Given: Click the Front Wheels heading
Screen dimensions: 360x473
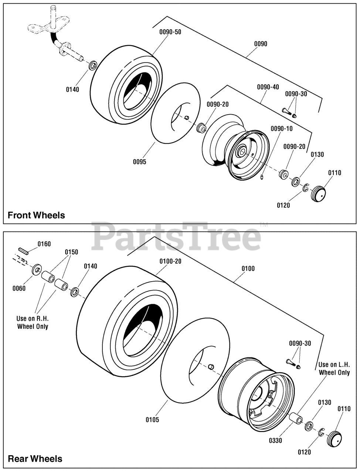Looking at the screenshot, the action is [36, 215].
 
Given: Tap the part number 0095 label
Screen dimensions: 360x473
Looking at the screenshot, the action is [139, 162].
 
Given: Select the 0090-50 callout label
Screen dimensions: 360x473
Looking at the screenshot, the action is [170, 32].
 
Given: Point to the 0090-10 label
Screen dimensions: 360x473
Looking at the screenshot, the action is [282, 129].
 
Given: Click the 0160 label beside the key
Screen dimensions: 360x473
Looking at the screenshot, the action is [44, 244].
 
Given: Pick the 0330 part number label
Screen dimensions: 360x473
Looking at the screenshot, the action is [275, 441].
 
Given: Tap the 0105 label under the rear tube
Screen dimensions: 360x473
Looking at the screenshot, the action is [152, 420].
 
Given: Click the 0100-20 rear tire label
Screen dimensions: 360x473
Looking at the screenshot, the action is [170, 261].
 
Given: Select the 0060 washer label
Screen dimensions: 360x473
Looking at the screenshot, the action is [19, 288].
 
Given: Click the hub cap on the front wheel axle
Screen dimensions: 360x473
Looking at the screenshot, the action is [318, 194].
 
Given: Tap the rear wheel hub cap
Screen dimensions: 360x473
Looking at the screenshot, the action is [334, 439].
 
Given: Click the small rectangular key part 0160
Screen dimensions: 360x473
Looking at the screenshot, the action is [23, 251].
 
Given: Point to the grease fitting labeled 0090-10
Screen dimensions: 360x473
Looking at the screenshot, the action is [262, 177].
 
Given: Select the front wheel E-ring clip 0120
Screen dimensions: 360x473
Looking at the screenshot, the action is [305, 187].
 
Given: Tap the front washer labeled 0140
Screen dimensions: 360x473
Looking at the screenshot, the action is [93, 65].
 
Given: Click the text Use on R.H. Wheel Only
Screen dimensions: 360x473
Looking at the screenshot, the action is [33, 322].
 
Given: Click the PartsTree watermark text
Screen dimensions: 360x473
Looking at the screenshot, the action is [176, 236].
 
